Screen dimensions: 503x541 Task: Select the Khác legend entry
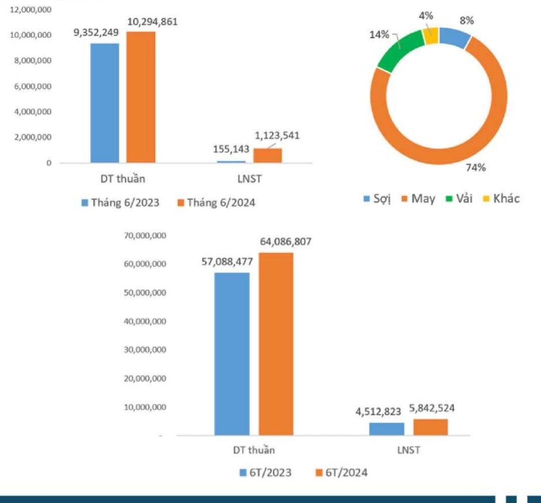point(498,199)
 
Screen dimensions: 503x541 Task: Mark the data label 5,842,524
point(432,409)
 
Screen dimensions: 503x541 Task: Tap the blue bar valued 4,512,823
point(387,429)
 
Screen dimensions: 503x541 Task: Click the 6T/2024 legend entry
point(341,473)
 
